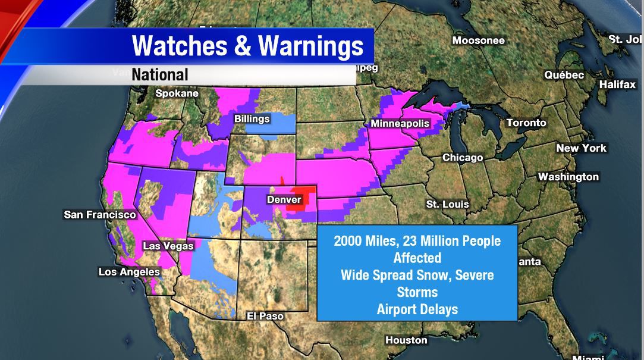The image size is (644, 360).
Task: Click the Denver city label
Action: pos(284,199)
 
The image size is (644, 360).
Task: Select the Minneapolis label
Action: pos(400,123)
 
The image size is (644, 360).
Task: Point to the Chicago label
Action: pos(462,158)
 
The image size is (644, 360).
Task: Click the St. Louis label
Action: pos(447,204)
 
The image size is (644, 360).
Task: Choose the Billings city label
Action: pos(252,119)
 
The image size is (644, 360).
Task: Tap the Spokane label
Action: pos(177,93)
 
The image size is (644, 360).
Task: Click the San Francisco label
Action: pos(100,214)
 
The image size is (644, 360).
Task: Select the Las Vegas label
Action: pos(168,246)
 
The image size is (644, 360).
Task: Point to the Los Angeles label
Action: pos(129,272)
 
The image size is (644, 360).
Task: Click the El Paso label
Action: pos(265,316)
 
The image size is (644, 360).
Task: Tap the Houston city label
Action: pos(406,340)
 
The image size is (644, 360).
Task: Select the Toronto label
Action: pos(526,123)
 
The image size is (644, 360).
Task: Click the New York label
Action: pos(581,148)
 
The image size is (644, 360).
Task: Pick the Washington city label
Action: pos(568,177)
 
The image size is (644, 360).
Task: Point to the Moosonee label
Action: pos(478,40)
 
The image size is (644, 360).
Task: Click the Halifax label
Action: pos(617,84)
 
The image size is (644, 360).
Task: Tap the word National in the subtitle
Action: pos(159,74)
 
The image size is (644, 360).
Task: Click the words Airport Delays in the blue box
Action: pos(416,309)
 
